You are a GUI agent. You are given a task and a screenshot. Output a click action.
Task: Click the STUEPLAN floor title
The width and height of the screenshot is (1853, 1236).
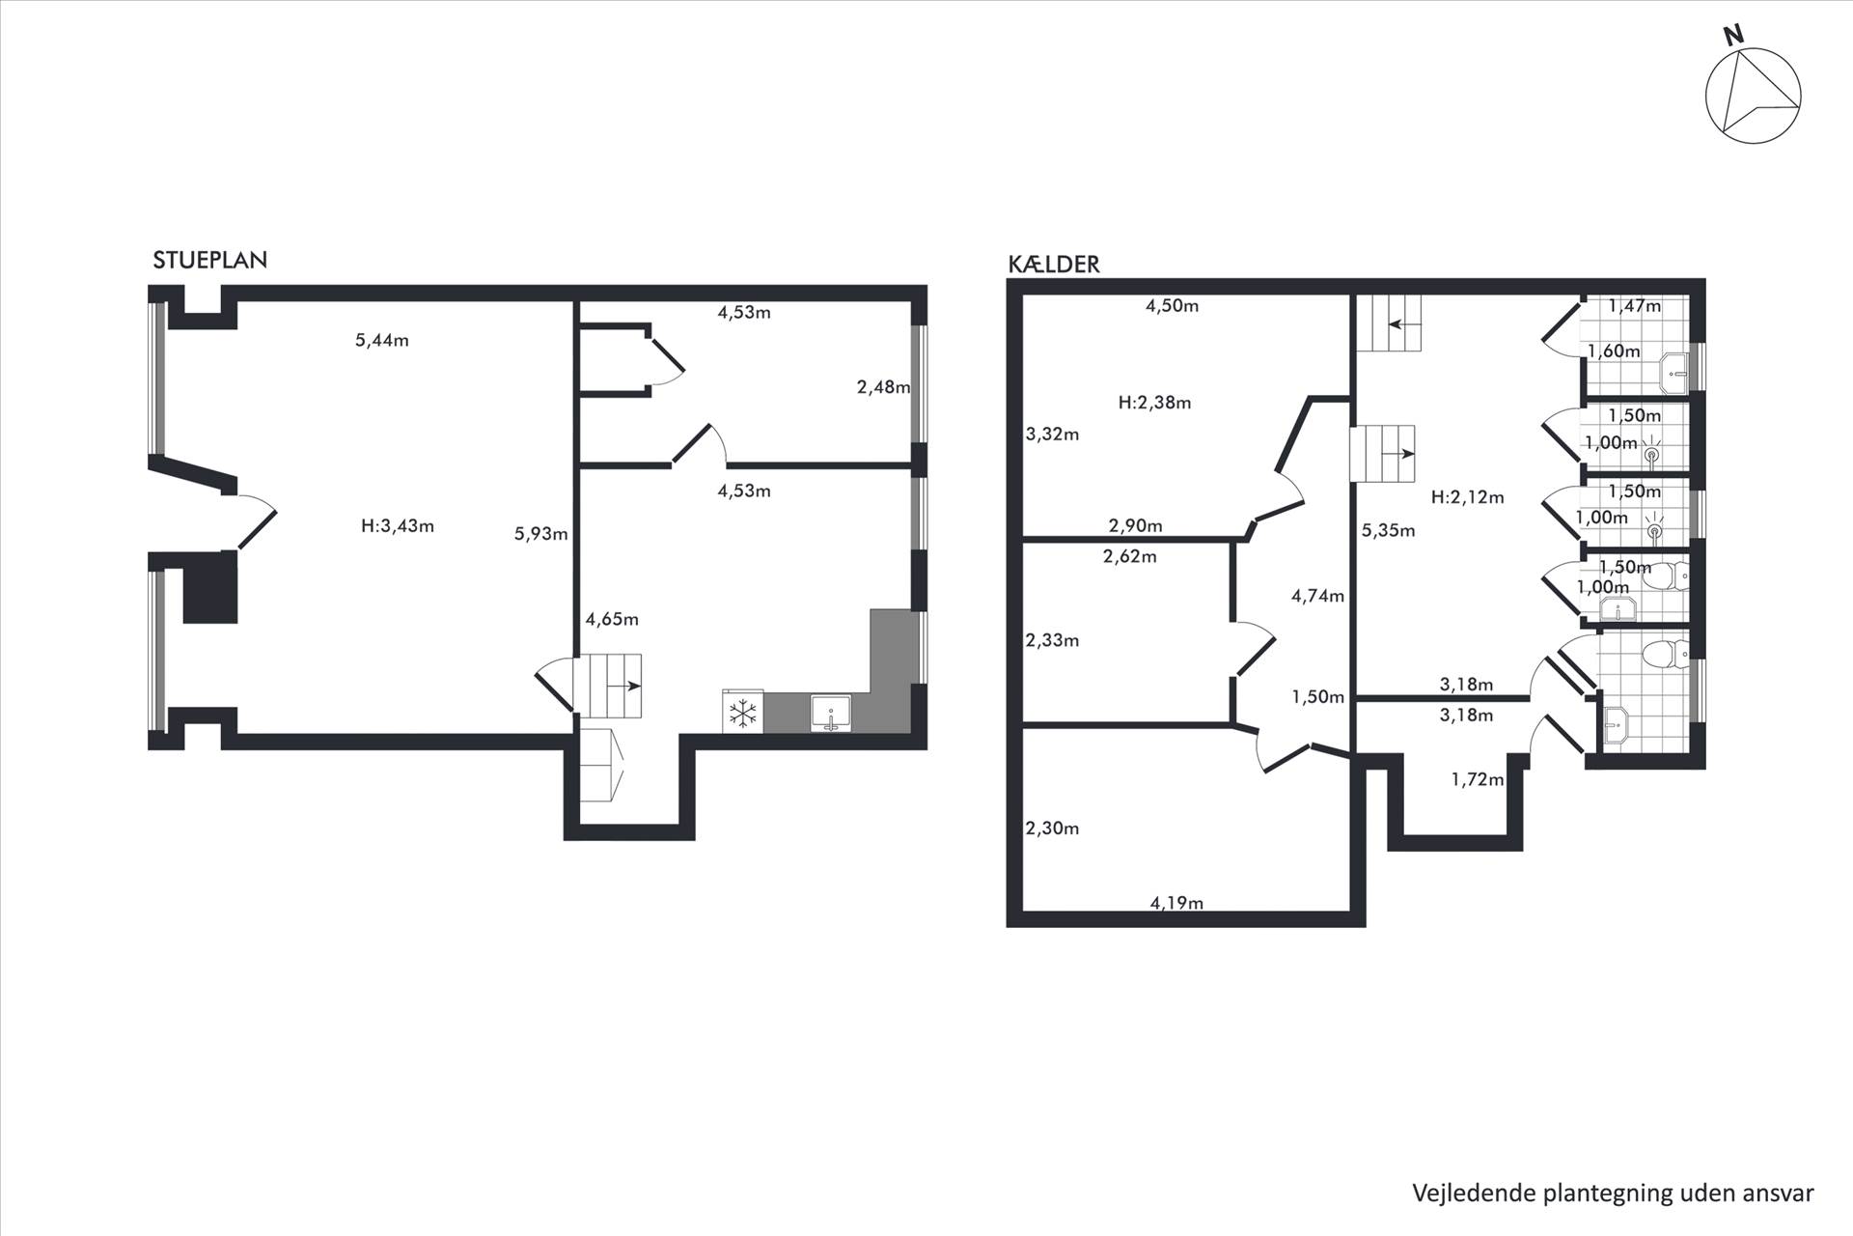point(209,260)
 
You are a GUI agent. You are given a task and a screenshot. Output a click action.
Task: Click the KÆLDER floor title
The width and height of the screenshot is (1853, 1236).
point(1054,264)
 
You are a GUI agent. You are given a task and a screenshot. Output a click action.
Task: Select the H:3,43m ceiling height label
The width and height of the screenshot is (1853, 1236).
point(398,526)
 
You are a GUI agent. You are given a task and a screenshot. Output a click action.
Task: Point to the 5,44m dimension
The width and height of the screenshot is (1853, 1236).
point(382,340)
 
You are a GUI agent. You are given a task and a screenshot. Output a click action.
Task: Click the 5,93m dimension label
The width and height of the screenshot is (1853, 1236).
point(541,533)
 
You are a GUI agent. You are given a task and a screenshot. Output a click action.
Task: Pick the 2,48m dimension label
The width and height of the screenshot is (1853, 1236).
point(883,387)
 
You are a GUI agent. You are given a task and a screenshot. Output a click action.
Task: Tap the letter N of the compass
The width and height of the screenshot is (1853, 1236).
point(1734,35)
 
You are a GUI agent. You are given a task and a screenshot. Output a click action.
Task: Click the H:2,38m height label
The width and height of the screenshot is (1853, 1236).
point(1154,403)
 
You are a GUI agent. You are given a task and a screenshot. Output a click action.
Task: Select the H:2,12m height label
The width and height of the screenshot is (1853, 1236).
point(1467,497)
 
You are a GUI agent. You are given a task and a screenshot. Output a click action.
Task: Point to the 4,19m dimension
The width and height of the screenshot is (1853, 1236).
point(1176,903)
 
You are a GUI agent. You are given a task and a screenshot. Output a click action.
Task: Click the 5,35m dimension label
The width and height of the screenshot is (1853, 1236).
point(1388,530)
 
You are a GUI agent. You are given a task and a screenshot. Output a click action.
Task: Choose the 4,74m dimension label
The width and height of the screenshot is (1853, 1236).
point(1317,596)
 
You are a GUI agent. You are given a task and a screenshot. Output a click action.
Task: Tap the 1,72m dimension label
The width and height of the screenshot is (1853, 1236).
point(1478,779)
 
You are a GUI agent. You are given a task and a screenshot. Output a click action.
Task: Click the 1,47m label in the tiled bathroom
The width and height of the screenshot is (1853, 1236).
point(1634,306)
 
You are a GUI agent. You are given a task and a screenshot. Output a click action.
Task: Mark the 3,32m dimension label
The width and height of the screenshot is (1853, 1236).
point(1052,434)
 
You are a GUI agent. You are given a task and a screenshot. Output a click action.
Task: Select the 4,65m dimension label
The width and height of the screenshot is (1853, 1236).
point(612,619)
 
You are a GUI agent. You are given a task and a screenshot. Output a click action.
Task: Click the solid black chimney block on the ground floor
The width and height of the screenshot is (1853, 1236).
point(210,588)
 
